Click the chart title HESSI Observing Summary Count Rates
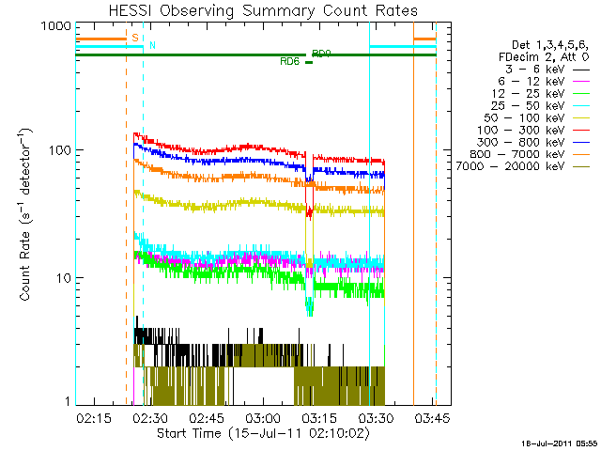(x=256, y=10)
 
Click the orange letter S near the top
(x=135, y=38)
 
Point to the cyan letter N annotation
(x=153, y=45)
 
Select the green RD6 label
(x=290, y=61)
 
